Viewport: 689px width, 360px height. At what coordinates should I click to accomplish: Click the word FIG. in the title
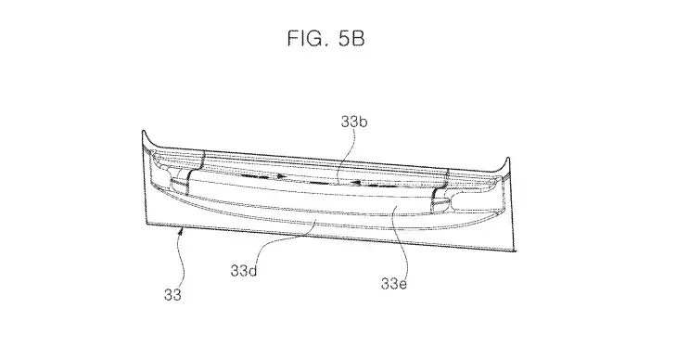[307, 38]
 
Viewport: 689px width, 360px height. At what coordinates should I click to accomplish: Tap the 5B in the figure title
[351, 38]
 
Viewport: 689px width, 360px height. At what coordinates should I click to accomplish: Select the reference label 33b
[353, 122]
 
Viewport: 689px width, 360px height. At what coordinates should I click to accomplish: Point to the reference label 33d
[244, 271]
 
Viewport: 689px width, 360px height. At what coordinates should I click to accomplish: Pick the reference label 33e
[394, 284]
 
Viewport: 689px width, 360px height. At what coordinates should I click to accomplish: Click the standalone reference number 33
[172, 294]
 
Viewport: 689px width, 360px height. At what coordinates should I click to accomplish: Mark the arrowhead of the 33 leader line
[179, 230]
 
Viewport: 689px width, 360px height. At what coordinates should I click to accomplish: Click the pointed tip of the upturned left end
[143, 131]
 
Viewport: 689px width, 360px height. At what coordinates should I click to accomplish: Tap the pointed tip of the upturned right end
[508, 158]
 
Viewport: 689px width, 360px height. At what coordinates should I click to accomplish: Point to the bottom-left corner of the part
[147, 224]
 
